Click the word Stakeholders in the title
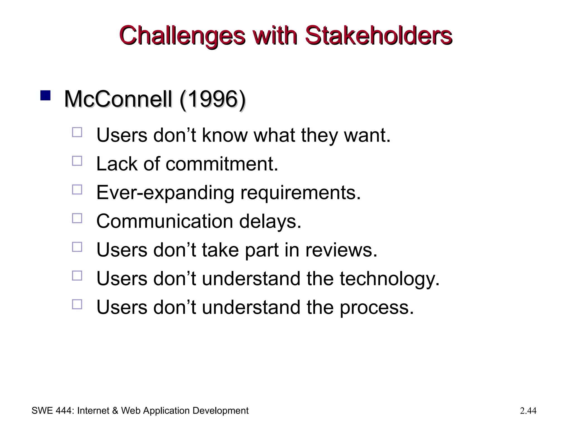coord(378,35)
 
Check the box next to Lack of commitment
coord(77,161)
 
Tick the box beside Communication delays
coord(77,218)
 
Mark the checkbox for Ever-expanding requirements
coord(77,189)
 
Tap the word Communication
coord(164,221)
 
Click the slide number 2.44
coord(528,411)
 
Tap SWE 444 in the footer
coord(52,411)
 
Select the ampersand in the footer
coord(115,411)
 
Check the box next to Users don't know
coord(77,132)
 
